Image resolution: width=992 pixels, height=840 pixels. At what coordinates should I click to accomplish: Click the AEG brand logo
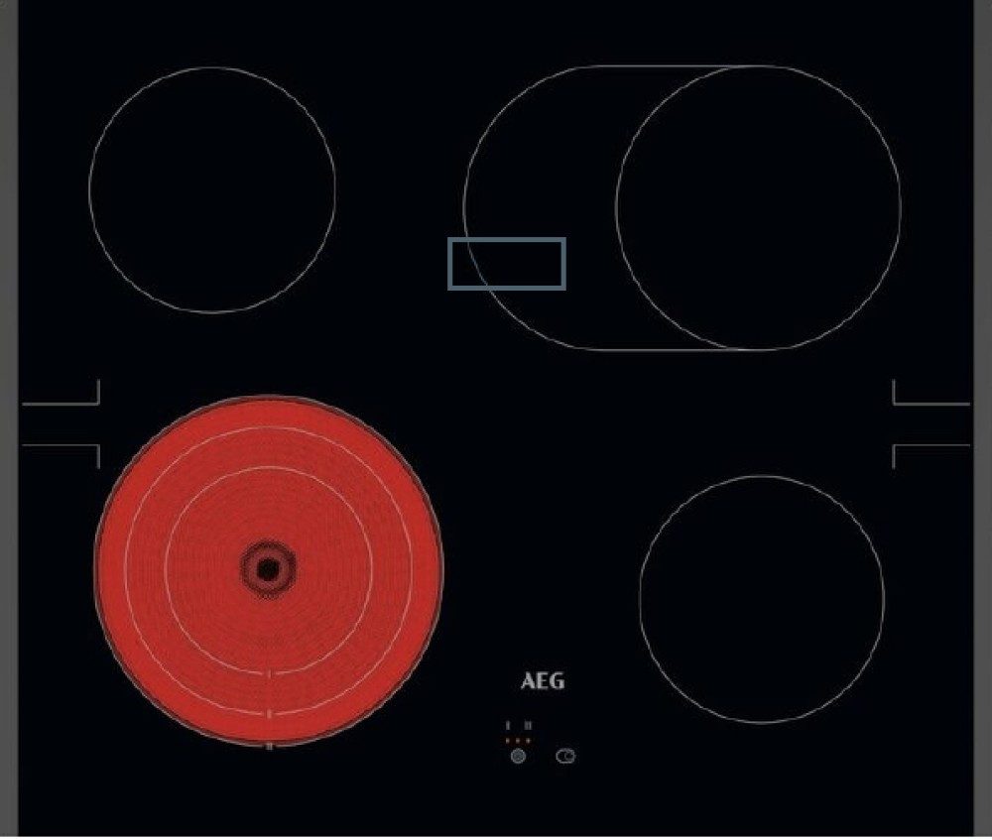(x=543, y=681)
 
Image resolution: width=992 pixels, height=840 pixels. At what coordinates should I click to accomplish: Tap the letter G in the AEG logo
(x=557, y=681)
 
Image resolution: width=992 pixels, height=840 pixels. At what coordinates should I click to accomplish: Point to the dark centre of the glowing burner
(x=268, y=569)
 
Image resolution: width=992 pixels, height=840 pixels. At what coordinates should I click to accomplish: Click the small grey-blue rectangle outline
(x=507, y=239)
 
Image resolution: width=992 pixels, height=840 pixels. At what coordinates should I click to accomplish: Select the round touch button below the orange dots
(x=518, y=756)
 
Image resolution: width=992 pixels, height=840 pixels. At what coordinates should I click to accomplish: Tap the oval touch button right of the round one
(x=565, y=756)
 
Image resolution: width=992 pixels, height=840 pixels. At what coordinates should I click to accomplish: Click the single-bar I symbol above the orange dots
(x=508, y=726)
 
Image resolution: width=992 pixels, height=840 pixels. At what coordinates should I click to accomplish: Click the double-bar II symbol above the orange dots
(x=529, y=726)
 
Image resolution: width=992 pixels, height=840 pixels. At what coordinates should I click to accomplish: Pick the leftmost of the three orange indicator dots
(x=507, y=740)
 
